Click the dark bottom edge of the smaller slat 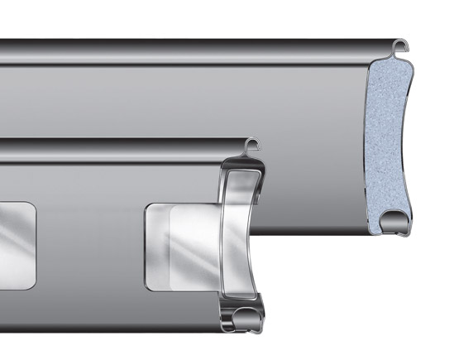coord(108,327)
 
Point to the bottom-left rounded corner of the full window coord(150,285)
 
